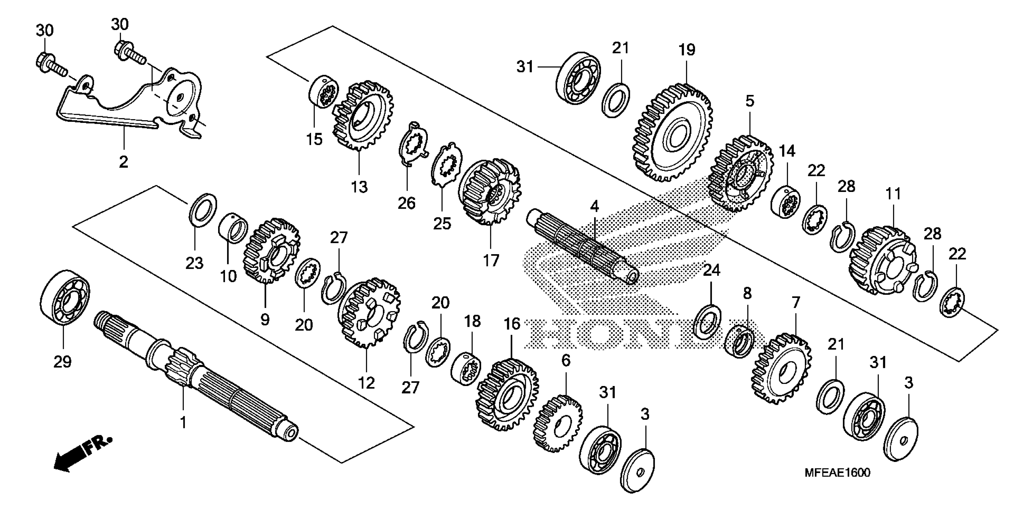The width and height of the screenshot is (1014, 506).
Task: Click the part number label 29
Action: (63, 361)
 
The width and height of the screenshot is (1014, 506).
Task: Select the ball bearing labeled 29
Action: (65, 297)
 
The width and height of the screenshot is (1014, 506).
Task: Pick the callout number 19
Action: (687, 50)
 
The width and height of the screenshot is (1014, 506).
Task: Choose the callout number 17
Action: (491, 260)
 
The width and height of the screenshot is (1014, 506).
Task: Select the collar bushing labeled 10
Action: (233, 227)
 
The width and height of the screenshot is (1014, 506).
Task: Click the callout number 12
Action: (366, 382)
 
